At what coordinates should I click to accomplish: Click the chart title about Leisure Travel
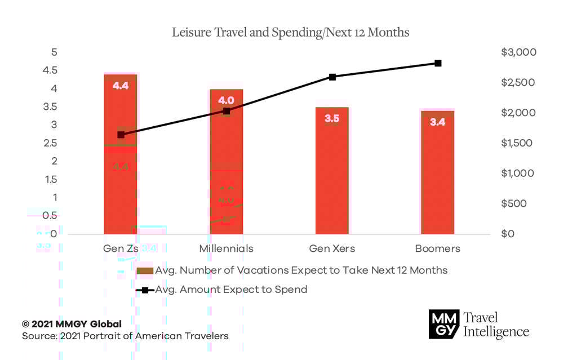point(291,33)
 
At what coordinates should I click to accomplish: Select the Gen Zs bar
point(121,186)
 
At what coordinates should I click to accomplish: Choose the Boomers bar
point(438,180)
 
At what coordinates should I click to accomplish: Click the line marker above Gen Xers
point(332,77)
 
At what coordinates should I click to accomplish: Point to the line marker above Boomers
point(438,63)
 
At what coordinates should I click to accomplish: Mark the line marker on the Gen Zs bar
point(121,135)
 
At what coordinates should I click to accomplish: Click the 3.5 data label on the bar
point(332,119)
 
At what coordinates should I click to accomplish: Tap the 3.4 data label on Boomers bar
point(438,122)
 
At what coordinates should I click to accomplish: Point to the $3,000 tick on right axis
point(518,52)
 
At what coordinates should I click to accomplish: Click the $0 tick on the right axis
point(508,234)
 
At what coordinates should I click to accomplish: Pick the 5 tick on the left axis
point(54,52)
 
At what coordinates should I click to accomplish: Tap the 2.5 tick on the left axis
point(51,143)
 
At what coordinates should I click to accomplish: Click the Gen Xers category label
point(332,248)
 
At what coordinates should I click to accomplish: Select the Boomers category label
point(438,248)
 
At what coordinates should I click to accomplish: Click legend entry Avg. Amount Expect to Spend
point(231,290)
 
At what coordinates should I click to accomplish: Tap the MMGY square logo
point(443,324)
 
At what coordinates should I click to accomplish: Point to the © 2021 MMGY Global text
point(72,324)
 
